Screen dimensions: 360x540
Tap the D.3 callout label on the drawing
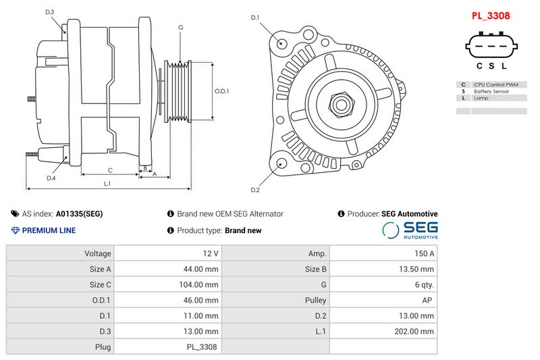pos(50,12)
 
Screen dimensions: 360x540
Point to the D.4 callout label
pos(51,178)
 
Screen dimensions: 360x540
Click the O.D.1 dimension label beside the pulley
pos(222,91)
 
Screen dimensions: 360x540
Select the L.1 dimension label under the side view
pos(107,184)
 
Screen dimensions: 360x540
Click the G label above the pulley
pos(180,27)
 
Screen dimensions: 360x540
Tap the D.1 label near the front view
pos(255,18)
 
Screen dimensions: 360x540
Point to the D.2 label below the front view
pos(255,189)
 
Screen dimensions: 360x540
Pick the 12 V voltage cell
pos(211,253)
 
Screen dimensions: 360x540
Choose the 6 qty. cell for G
pos(423,284)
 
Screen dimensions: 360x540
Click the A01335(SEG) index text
pos(79,214)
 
